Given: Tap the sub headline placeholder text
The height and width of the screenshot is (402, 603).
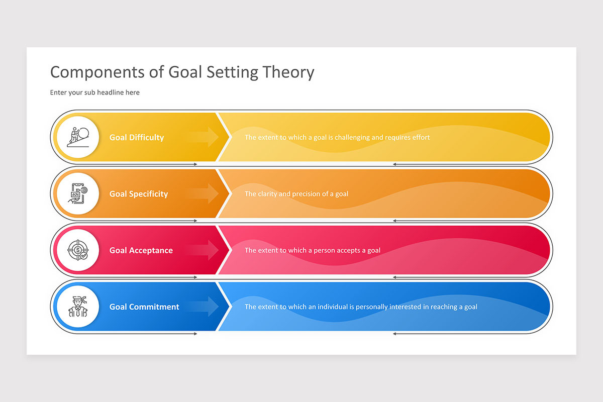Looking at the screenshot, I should (x=94, y=92).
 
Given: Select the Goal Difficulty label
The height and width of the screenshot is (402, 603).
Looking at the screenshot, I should (x=137, y=137).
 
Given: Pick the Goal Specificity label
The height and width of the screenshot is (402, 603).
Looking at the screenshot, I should (x=139, y=194).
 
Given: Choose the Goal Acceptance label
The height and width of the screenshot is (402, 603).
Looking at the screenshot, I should (x=141, y=250).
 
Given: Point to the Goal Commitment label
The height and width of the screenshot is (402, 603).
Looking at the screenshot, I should (x=144, y=307).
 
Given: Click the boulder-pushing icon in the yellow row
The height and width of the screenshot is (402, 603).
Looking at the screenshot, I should (x=77, y=137).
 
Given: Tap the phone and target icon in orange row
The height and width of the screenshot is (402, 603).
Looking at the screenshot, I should (x=77, y=193).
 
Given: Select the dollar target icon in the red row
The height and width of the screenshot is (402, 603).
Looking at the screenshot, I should (x=77, y=250).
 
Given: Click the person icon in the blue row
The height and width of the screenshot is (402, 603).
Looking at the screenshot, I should (x=77, y=307).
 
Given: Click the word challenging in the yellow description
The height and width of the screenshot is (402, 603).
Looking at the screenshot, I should (x=348, y=137).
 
